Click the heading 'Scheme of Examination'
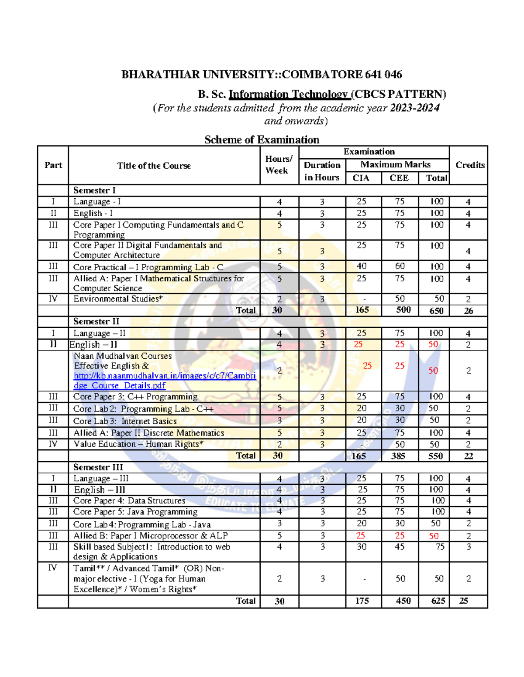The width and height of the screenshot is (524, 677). pos(262,139)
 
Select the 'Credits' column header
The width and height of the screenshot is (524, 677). pos(470,165)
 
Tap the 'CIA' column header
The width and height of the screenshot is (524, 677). pos(361,178)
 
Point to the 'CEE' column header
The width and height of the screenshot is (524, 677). pos(399,178)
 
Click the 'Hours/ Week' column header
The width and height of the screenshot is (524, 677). pos(279,165)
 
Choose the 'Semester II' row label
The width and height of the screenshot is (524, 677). pos(96,321)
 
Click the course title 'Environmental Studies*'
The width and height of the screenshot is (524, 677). pos(118,299)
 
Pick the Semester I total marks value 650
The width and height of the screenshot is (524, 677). pos(436,310)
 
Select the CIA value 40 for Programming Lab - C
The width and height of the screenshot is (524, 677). pos(362,266)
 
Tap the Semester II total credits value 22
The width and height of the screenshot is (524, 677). pos(468,456)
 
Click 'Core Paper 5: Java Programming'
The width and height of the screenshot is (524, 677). pos(135,512)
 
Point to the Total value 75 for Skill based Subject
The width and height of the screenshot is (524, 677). pos(439,547)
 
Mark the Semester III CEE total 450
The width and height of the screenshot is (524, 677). pos(403,601)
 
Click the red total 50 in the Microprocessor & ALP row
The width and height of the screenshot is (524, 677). pos(433,536)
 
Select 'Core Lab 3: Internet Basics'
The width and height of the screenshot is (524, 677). pos(125,421)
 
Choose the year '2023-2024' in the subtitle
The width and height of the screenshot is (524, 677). pos(414,108)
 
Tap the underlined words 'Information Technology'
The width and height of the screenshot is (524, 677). pos(289,94)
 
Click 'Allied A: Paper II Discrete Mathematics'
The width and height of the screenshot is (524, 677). pos(148,433)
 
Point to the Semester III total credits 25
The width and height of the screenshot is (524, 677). pos(464,601)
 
